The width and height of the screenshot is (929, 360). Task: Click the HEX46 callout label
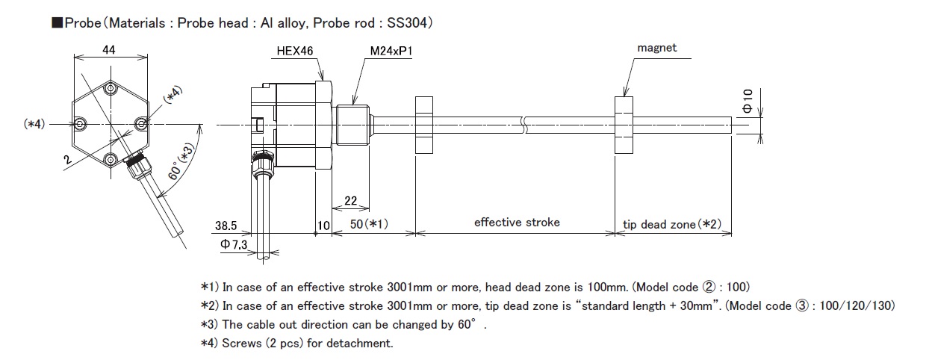point(295,51)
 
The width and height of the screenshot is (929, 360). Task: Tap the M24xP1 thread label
point(391,51)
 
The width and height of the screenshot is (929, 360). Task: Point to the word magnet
point(656,48)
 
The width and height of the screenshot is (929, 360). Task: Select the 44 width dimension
point(109,50)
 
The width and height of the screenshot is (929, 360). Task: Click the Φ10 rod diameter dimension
point(748,101)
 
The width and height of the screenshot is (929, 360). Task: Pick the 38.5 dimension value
point(226,226)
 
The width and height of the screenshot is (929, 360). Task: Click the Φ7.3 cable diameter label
point(234,244)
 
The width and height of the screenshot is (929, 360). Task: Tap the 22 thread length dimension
point(350,201)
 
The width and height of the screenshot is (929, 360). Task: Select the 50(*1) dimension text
point(369,224)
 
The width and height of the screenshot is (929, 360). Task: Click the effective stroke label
point(517,223)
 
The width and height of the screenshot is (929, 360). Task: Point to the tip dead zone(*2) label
point(672,224)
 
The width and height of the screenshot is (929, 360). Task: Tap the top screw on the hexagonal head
point(111,88)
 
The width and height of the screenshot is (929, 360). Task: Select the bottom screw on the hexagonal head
point(111,159)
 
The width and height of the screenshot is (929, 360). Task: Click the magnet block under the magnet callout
point(624,125)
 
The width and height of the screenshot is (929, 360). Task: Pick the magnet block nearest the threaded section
point(424,125)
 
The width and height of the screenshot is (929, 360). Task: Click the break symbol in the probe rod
point(524,125)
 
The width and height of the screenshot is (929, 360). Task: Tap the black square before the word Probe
point(57,23)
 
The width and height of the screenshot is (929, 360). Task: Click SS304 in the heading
point(407,23)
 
